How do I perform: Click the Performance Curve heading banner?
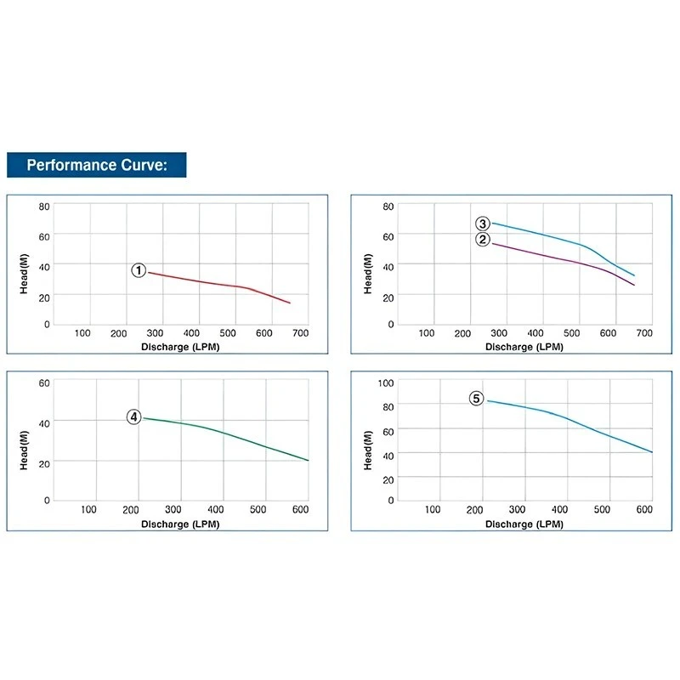(x=96, y=165)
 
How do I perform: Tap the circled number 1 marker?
(x=139, y=270)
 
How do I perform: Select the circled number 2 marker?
(x=483, y=240)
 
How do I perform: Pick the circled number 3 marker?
(x=483, y=224)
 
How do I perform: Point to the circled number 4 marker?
(x=134, y=416)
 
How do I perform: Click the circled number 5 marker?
(x=476, y=398)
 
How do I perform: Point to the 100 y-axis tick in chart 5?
(x=386, y=382)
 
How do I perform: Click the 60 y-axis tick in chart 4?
(x=44, y=382)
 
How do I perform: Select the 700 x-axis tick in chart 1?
(x=300, y=333)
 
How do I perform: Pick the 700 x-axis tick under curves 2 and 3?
(x=643, y=333)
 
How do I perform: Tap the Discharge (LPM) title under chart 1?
(x=180, y=346)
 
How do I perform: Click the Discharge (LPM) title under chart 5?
(x=524, y=524)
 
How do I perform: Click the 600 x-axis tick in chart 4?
(x=300, y=509)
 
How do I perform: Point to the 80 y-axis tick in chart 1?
(x=44, y=206)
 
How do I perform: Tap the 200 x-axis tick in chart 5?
(x=474, y=509)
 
